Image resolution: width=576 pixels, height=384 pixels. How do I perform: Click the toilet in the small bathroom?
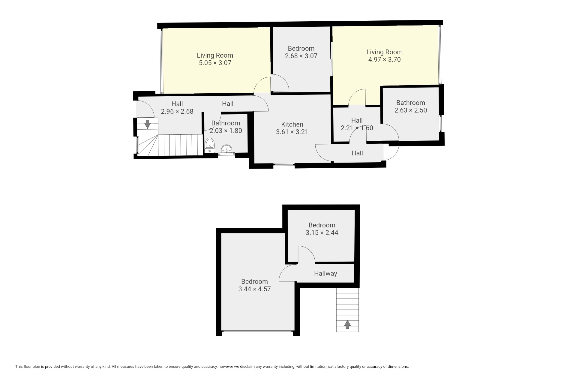click(x=209, y=145)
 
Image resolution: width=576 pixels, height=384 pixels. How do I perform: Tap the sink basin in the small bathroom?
click(x=226, y=149)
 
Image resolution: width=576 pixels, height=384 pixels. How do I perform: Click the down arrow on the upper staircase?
click(x=147, y=124)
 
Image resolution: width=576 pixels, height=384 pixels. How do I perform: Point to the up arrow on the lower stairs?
click(x=347, y=324)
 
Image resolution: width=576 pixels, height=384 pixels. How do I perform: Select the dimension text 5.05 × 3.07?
click(x=215, y=63)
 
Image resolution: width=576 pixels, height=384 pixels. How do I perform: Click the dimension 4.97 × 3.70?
click(x=384, y=59)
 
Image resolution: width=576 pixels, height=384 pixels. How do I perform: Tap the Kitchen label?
click(x=292, y=124)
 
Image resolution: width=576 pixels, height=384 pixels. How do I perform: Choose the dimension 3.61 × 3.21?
click(x=292, y=132)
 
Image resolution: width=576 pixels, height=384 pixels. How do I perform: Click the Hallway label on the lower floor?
click(x=325, y=274)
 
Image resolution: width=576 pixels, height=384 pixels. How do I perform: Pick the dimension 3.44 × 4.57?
click(x=254, y=289)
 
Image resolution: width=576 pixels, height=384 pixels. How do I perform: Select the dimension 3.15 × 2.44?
click(x=322, y=232)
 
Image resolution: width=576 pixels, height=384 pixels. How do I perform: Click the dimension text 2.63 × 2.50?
click(x=411, y=110)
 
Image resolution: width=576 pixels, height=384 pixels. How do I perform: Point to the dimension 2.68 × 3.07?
click(x=301, y=56)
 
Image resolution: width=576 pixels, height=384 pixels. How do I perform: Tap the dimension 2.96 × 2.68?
click(x=177, y=111)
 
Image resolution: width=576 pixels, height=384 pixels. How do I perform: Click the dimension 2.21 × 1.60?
click(x=357, y=128)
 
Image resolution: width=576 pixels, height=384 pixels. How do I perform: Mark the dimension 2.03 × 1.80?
click(x=226, y=130)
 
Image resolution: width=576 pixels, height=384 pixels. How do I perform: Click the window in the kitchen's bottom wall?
click(x=284, y=164)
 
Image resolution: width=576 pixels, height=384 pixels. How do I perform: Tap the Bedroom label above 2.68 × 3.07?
click(x=301, y=48)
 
